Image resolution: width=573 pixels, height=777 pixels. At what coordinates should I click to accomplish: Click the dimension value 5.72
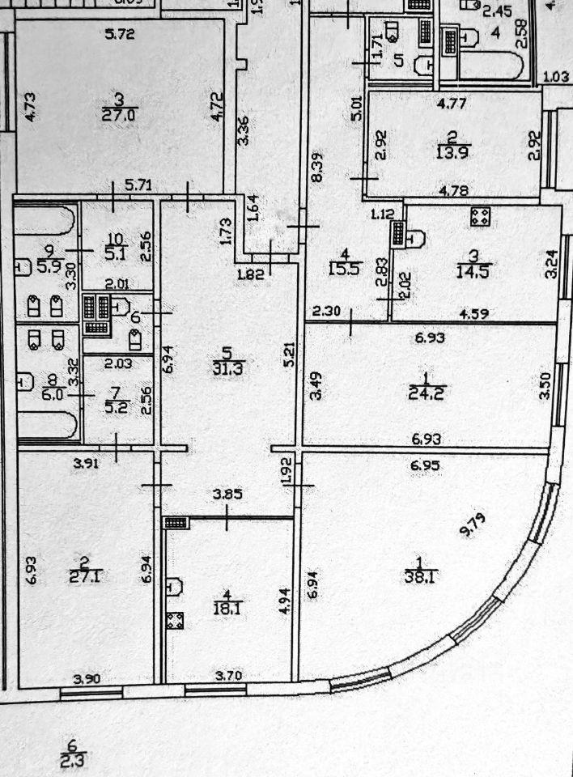(120, 35)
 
